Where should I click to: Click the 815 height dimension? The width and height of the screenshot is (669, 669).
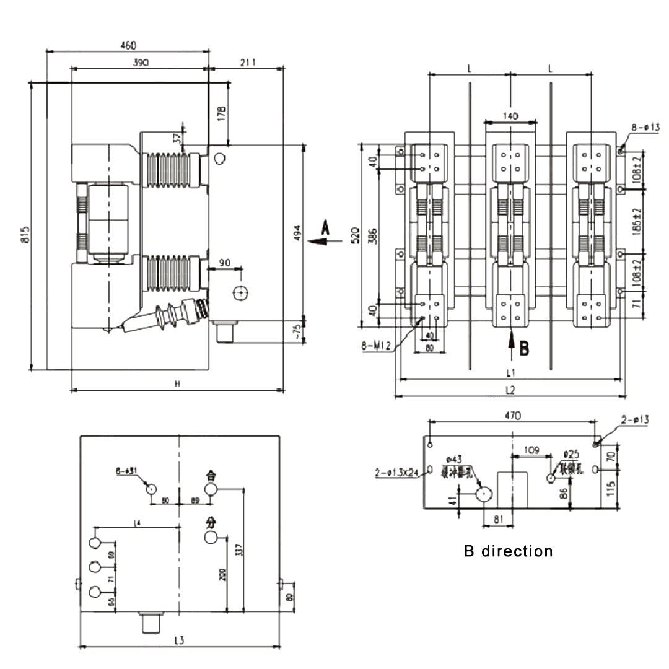25,235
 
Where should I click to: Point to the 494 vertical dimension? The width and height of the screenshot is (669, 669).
297,232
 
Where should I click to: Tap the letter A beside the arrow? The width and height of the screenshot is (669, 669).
326,227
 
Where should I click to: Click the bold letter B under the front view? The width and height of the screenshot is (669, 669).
524,348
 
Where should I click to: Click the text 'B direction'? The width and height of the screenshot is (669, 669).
508,551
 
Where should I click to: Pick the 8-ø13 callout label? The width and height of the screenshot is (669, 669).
645,128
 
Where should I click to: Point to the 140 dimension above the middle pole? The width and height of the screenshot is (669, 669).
510,115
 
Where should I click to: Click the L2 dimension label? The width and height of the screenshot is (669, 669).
510,390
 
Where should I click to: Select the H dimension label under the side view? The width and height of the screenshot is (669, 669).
177,384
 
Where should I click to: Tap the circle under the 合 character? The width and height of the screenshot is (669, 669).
212,490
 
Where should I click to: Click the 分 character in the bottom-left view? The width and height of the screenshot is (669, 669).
212,522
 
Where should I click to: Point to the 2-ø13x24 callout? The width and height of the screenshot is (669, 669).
396,472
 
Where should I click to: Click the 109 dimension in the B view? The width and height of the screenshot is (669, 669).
531,448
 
